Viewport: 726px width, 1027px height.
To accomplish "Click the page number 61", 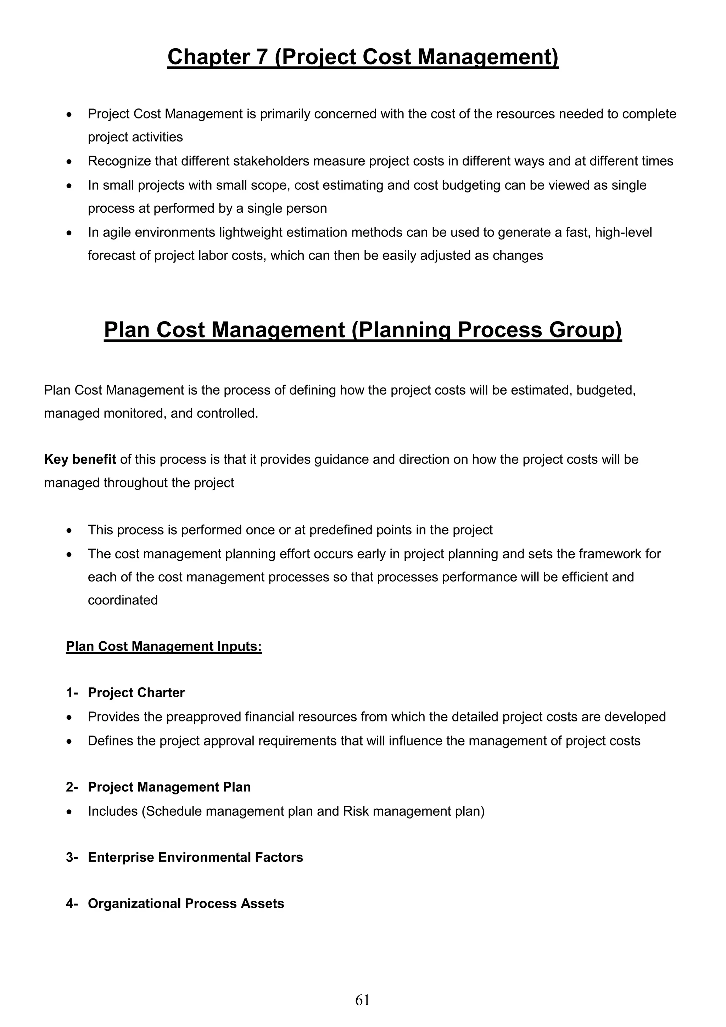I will pyautogui.click(x=362, y=1000).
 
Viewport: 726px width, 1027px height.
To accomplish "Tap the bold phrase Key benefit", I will pyautogui.click(x=80, y=459).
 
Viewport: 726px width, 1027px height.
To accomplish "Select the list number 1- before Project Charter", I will pyautogui.click(x=72, y=693).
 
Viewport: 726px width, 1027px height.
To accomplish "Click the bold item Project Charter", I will pyautogui.click(x=136, y=693).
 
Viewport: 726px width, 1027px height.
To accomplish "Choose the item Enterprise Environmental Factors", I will pyautogui.click(x=195, y=857).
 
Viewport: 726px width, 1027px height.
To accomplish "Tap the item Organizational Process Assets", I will pyautogui.click(x=186, y=904).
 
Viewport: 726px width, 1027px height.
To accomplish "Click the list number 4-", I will pyautogui.click(x=72, y=904).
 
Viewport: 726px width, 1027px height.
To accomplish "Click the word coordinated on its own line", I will pyautogui.click(x=123, y=600).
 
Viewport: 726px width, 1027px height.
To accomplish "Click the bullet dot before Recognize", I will pyautogui.click(x=68, y=161).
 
